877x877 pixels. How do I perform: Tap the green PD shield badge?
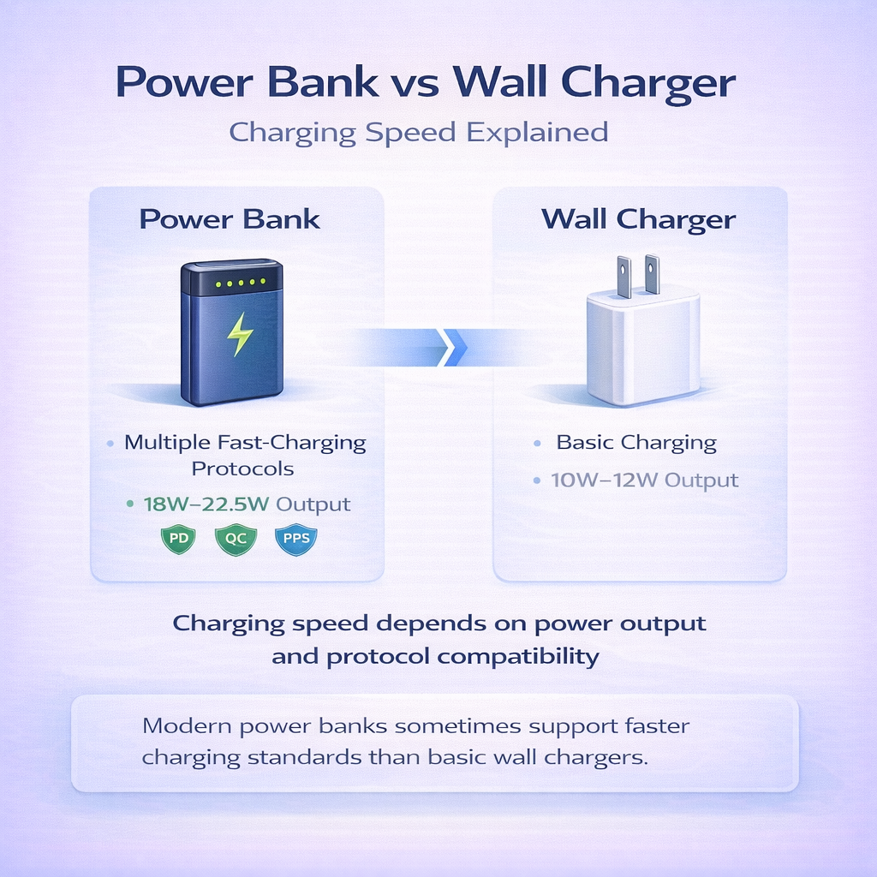coord(178,539)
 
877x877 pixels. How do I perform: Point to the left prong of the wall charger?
coord(623,276)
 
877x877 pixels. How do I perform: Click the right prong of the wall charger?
coord(652,275)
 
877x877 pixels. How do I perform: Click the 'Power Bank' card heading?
coord(230,219)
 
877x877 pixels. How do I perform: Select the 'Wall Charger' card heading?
coord(638,219)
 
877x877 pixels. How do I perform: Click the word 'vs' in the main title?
coord(415,84)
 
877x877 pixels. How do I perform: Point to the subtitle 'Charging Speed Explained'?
coord(420,133)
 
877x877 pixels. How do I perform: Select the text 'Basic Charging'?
coord(636,443)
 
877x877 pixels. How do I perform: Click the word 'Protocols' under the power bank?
coord(242,468)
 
